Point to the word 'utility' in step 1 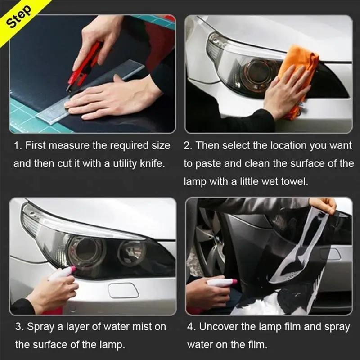click(x=117, y=163)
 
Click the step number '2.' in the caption click(x=188, y=145)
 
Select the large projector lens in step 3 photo click(x=85, y=249)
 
